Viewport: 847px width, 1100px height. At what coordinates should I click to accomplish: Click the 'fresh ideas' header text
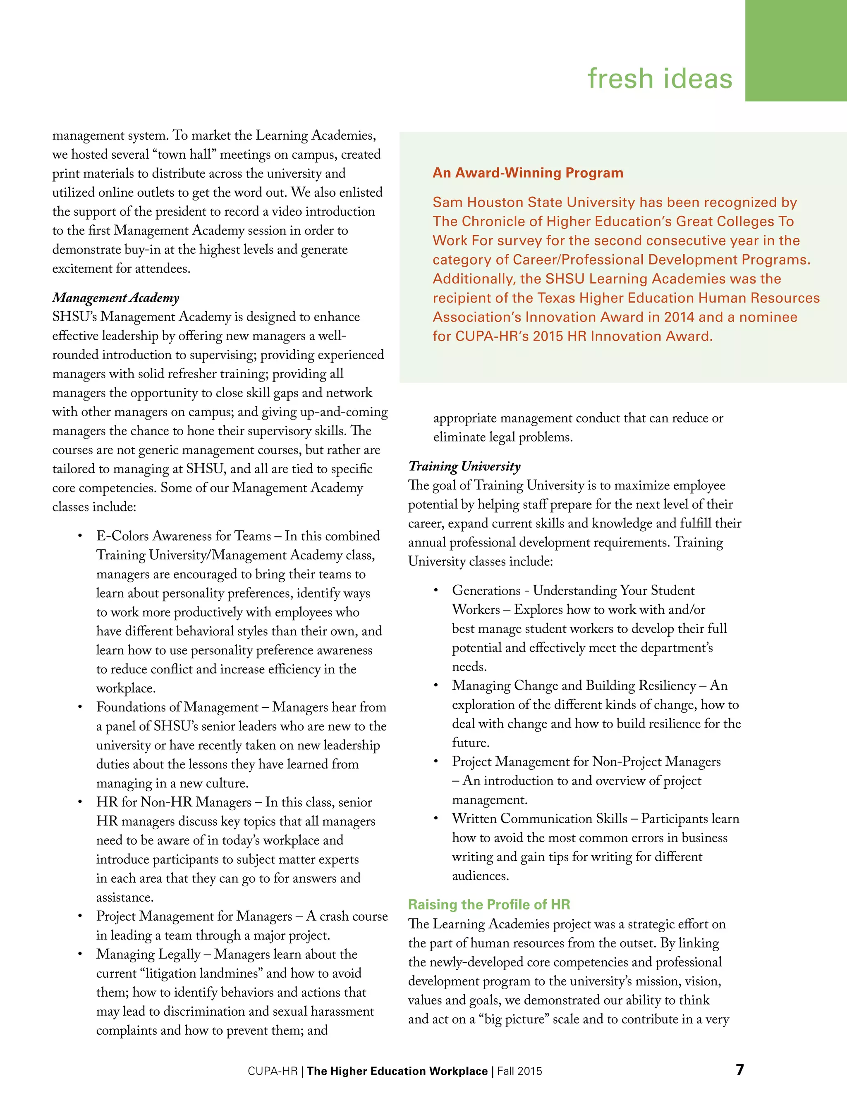(660, 79)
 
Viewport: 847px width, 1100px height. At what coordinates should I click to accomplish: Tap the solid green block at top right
(796, 50)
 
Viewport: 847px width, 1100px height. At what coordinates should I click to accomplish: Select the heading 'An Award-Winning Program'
(528, 173)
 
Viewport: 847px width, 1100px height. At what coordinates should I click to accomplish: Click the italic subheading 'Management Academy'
(116, 298)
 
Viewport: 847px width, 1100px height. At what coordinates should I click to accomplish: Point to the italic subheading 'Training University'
(464, 466)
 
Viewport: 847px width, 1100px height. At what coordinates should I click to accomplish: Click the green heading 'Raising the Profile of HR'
(489, 904)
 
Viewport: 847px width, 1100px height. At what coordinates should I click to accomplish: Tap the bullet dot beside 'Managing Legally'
(80, 954)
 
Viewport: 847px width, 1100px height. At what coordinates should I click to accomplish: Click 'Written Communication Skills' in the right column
(539, 819)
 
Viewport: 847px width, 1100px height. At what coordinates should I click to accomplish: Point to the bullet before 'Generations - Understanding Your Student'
(436, 591)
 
